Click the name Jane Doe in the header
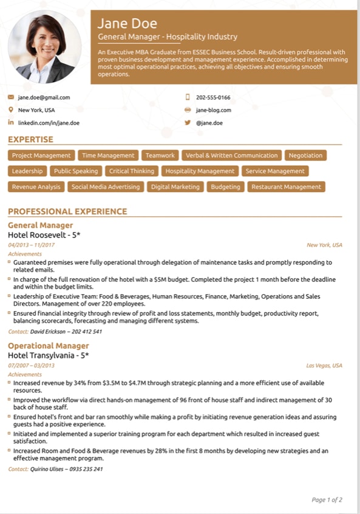tap(127, 24)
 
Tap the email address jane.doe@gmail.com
tap(44, 97)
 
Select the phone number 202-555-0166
tap(213, 97)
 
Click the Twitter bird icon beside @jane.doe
tap(188, 123)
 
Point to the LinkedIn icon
tap(11, 123)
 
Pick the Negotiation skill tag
tap(305, 156)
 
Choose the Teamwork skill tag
tap(160, 156)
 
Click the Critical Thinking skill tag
tap(132, 171)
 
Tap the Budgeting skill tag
tap(225, 187)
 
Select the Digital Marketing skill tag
tap(175, 187)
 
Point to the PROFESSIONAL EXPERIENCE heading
tap(67, 211)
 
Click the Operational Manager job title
tap(48, 346)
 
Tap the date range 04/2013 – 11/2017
tap(32, 245)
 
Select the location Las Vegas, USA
tap(324, 366)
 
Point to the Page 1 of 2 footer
tap(327, 500)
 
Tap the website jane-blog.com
tap(213, 110)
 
